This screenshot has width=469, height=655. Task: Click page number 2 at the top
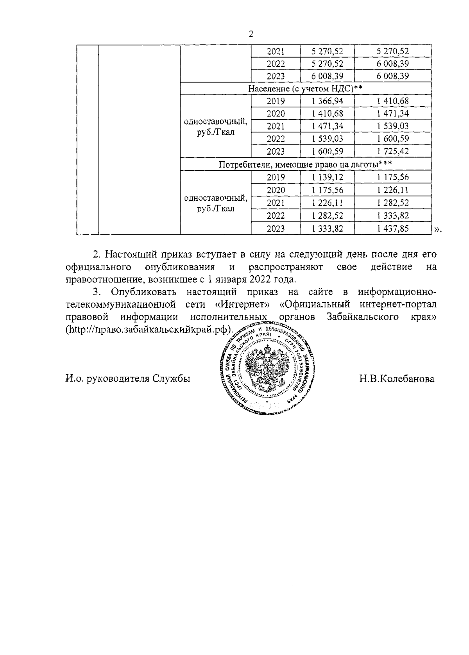[x=251, y=34]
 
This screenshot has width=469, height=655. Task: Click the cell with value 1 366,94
[x=328, y=101]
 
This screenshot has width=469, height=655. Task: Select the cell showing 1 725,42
[x=393, y=152]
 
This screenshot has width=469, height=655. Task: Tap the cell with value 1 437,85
[x=393, y=228]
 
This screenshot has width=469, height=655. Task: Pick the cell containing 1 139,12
[x=328, y=177]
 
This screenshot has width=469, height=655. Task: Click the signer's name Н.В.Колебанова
[x=397, y=378]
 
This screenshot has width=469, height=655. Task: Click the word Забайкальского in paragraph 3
[x=362, y=317]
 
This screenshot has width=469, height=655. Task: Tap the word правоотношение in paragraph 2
[x=103, y=280]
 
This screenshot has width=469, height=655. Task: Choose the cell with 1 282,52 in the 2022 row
[x=328, y=216]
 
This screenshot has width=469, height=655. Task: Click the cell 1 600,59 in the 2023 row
[x=328, y=152]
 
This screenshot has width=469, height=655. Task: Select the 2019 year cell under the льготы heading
[x=276, y=177]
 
